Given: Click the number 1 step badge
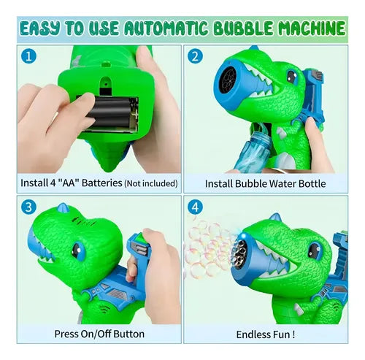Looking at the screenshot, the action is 28,56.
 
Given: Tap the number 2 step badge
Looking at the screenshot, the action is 195,56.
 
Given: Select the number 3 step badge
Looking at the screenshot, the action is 28,207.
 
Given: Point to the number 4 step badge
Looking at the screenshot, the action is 195,207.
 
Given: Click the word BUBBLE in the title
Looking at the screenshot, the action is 244,28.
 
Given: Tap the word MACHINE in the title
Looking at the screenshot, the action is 312,28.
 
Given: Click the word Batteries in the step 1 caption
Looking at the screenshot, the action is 102,183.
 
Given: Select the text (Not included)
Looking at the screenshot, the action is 151,183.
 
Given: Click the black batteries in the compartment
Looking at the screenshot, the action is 110,112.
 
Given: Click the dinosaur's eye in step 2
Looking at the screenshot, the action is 292,77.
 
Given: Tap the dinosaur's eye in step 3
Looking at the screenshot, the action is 78,250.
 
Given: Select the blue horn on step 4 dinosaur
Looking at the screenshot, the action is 276,218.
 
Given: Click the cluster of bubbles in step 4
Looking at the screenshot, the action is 210,248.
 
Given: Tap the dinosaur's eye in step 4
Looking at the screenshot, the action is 315,250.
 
